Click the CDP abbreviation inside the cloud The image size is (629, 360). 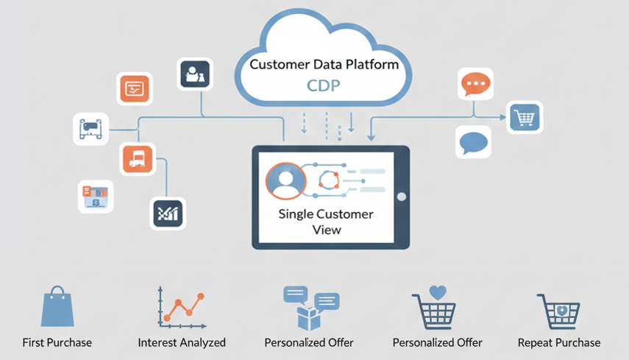[324, 86]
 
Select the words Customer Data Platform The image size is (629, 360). [324, 64]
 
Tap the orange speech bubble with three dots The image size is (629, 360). [475, 85]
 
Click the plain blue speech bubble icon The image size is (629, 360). [473, 141]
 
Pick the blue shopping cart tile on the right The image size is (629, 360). [525, 117]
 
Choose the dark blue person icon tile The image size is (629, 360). [195, 74]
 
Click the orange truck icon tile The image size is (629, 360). [138, 158]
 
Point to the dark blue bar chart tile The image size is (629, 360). [168, 213]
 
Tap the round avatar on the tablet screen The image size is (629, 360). [285, 181]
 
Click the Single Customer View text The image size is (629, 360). [325, 222]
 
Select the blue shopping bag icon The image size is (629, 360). [57, 308]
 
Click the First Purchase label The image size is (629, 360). [57, 342]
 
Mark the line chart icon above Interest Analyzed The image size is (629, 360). [180, 307]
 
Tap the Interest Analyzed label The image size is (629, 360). [182, 342]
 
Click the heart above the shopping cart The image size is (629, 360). [438, 292]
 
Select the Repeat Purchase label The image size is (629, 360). [559, 342]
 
